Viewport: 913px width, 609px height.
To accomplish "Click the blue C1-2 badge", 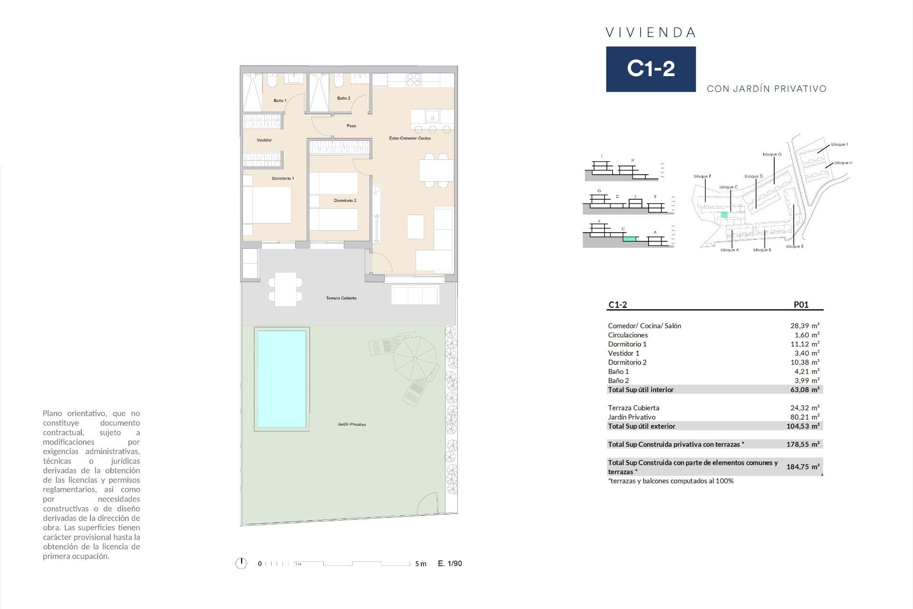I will pyautogui.click(x=651, y=69).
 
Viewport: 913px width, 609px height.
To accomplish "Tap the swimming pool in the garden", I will pyautogui.click(x=282, y=379).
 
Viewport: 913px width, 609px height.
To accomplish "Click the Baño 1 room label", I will pyautogui.click(x=280, y=100).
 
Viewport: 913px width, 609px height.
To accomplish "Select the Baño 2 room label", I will pyautogui.click(x=343, y=98).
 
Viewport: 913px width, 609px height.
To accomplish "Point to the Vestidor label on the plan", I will pyautogui.click(x=264, y=140).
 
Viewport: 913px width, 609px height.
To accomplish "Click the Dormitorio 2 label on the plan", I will pyautogui.click(x=345, y=201).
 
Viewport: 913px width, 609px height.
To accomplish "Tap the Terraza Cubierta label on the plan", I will pyautogui.click(x=341, y=298).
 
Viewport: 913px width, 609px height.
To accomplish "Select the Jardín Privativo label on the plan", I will pyautogui.click(x=351, y=424).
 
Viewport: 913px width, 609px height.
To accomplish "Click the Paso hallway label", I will pyautogui.click(x=351, y=126).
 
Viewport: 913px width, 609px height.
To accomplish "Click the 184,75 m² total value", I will pyautogui.click(x=803, y=467).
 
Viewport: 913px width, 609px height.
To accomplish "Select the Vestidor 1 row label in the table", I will pyautogui.click(x=623, y=353).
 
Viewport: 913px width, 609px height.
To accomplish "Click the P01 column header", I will pyautogui.click(x=801, y=305).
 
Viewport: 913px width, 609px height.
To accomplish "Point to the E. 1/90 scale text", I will pyautogui.click(x=450, y=563).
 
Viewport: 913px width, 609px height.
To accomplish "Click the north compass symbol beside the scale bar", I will pyautogui.click(x=241, y=563).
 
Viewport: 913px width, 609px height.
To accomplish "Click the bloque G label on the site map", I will pyautogui.click(x=772, y=154).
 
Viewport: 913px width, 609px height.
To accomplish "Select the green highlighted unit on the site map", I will pyautogui.click(x=724, y=215).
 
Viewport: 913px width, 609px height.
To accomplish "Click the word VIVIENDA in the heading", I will pyautogui.click(x=651, y=33).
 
